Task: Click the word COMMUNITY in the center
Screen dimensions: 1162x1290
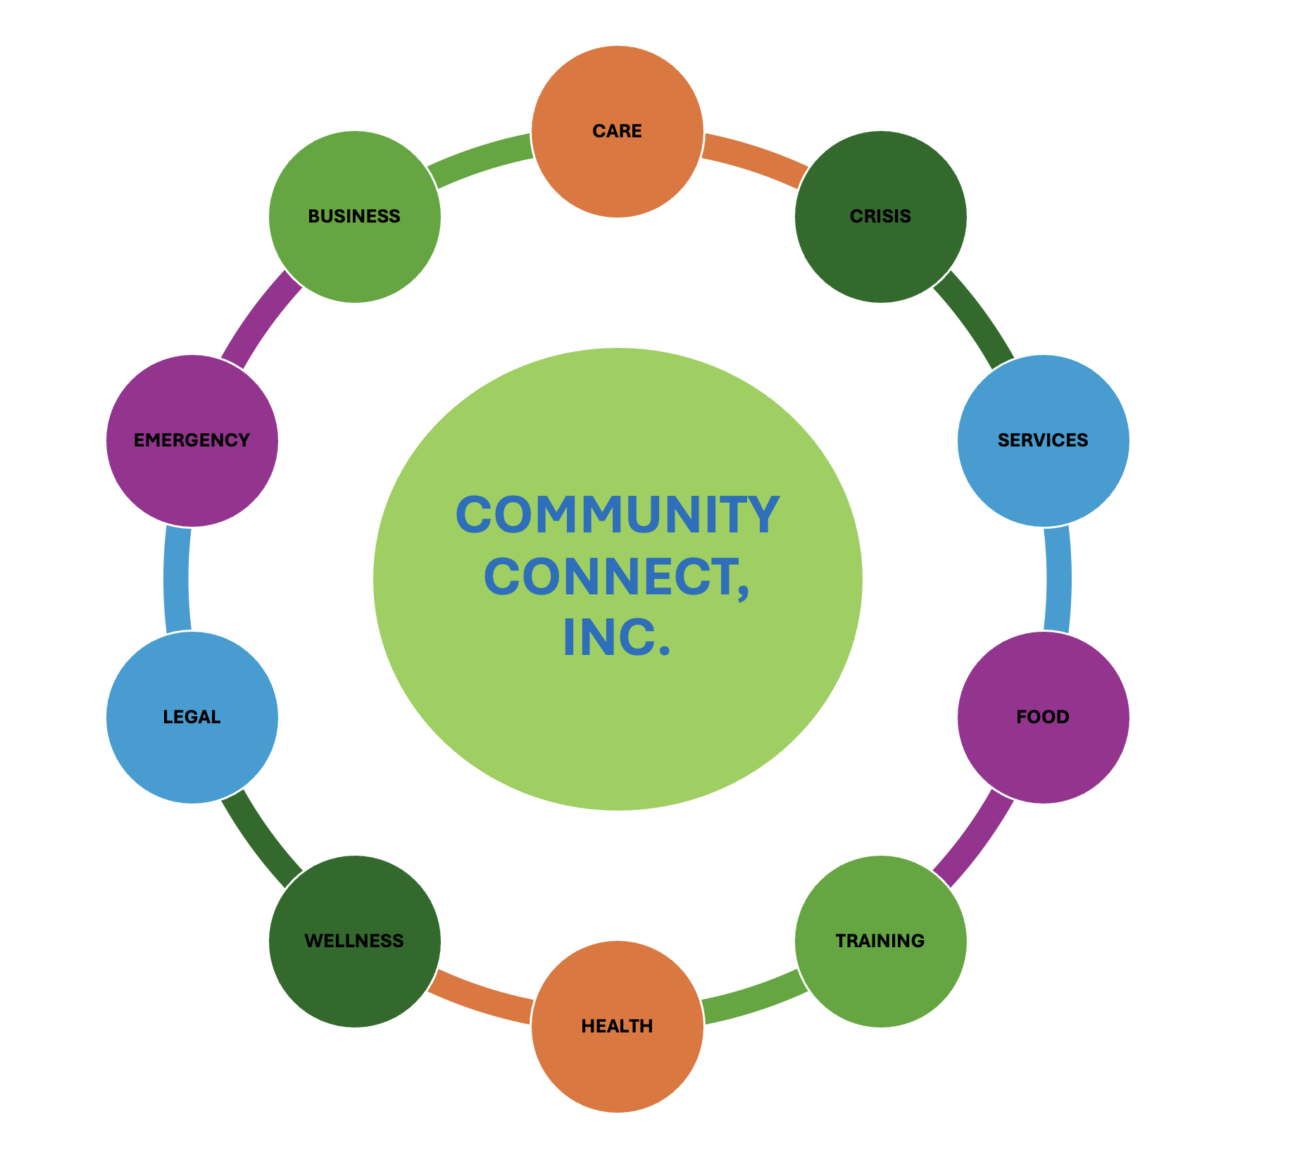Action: (618, 515)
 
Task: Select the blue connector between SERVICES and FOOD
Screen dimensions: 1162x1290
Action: (1058, 579)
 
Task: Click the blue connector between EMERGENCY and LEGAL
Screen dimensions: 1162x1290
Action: (176, 579)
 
